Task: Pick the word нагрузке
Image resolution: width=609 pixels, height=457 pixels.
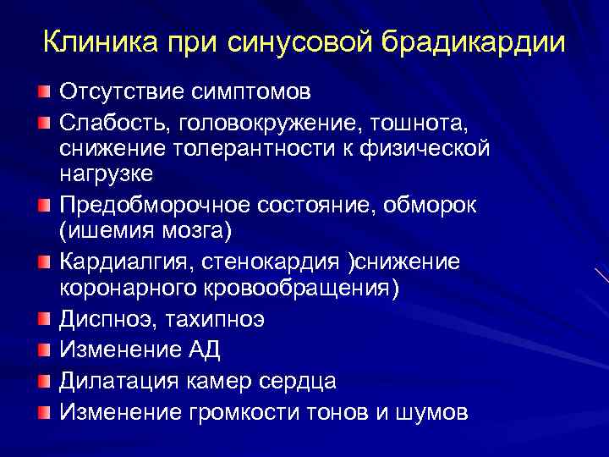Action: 107,174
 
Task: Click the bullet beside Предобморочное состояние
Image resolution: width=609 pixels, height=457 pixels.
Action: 43,205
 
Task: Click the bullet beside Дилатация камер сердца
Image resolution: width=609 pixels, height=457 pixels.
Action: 43,381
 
